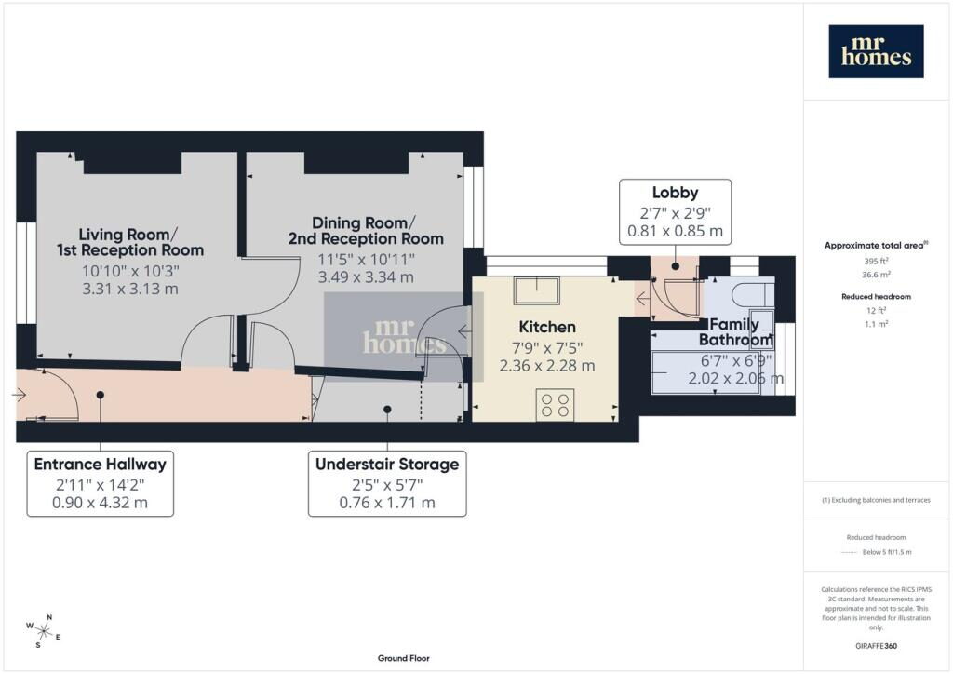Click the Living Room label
(130, 242)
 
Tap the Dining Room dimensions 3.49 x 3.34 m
(366, 277)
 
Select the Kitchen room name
(547, 327)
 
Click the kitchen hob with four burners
(555, 405)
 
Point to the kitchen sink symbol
(537, 290)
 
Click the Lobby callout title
(676, 193)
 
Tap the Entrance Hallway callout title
(101, 465)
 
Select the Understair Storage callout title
(387, 465)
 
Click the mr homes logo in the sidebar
(876, 51)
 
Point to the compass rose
(43, 631)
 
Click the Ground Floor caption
(404, 658)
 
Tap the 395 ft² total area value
(876, 262)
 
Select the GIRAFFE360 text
(876, 646)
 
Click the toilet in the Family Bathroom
(752, 295)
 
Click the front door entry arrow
(19, 395)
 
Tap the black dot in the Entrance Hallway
(101, 395)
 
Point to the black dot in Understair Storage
(387, 410)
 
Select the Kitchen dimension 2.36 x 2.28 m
(547, 366)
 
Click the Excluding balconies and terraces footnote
(876, 500)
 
